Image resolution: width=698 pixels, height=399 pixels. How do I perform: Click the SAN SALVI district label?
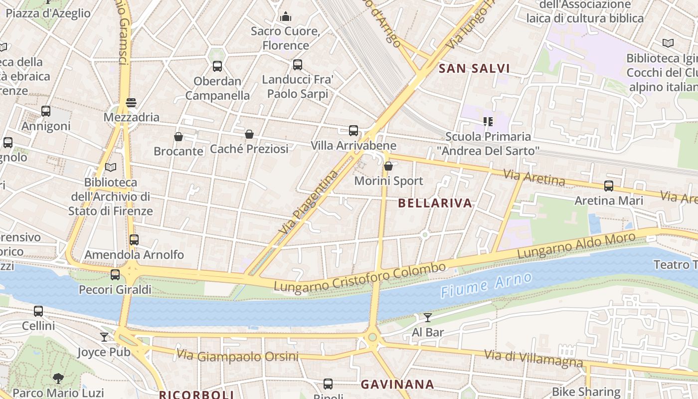coord(474,69)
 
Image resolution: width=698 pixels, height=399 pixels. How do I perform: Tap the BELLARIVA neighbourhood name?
coord(435,203)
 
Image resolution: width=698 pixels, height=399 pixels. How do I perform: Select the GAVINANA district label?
coord(397,385)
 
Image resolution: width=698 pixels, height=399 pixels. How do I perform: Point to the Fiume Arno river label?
coord(486,285)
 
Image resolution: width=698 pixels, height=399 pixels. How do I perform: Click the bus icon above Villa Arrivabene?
coord(353,131)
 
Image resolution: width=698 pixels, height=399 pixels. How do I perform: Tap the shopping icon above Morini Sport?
coord(388,166)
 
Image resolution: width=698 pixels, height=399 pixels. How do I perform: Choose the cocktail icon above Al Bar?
coord(428,317)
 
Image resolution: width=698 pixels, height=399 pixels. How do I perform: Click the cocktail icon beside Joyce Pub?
coord(104,337)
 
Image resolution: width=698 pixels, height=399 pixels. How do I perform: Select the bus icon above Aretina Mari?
coord(609,186)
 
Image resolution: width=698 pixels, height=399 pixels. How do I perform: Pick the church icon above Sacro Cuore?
coord(286,16)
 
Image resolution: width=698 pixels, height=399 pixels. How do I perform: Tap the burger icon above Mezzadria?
coord(131,103)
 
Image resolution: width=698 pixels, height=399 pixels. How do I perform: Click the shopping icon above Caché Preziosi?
coord(249,134)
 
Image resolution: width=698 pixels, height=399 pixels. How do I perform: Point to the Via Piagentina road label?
coord(309,202)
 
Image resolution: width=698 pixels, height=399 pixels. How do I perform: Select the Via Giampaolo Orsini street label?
coord(237,356)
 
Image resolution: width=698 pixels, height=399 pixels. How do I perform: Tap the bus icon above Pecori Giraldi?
coord(115,275)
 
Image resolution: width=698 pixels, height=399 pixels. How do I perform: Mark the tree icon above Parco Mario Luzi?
coord(58,378)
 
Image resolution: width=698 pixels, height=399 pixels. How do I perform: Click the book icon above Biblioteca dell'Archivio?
coord(111,167)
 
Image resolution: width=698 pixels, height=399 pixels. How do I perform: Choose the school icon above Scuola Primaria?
coord(488,121)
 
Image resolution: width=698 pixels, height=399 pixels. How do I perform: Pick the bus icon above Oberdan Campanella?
coord(217,66)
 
